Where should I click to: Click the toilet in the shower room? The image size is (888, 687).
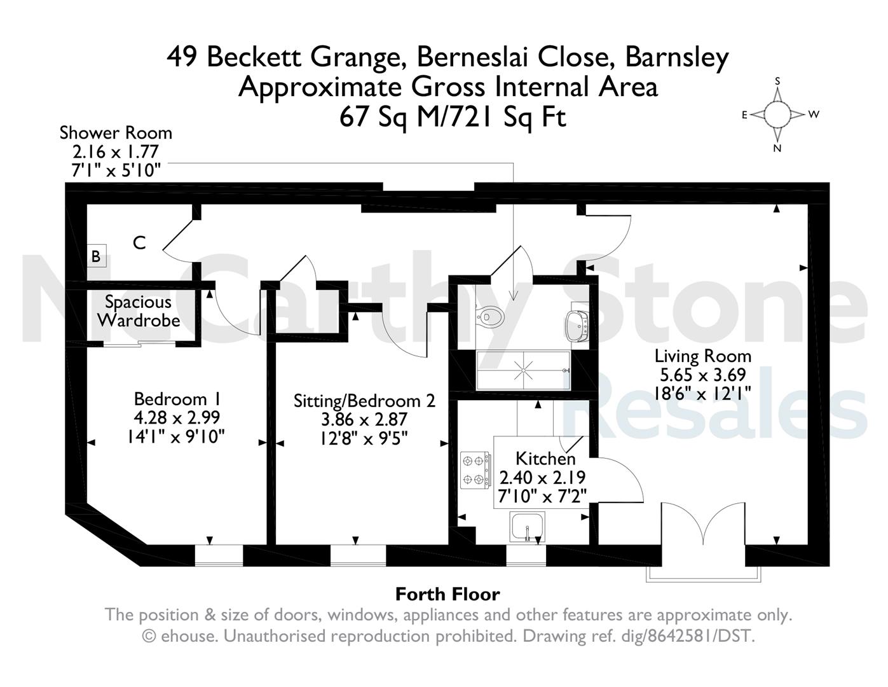point(489,316)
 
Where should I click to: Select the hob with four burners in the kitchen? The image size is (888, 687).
point(475,470)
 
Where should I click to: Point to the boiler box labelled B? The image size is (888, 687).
point(96,256)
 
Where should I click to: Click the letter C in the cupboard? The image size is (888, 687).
point(139,243)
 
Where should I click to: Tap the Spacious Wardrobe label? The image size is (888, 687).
point(139,311)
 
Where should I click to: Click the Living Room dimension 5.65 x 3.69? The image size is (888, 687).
point(703,375)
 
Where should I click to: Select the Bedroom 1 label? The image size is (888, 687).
point(177,399)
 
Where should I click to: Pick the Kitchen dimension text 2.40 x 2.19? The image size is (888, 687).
point(542,477)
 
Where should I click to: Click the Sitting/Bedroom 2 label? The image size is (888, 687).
point(364,401)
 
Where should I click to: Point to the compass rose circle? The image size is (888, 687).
point(777,114)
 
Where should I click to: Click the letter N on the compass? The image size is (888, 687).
point(777,148)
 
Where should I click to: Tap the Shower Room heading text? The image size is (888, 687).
point(116,133)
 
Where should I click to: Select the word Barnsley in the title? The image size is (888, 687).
point(677,58)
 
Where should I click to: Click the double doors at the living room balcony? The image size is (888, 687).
point(703,524)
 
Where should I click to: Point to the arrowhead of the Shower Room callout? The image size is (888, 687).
point(513,296)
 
